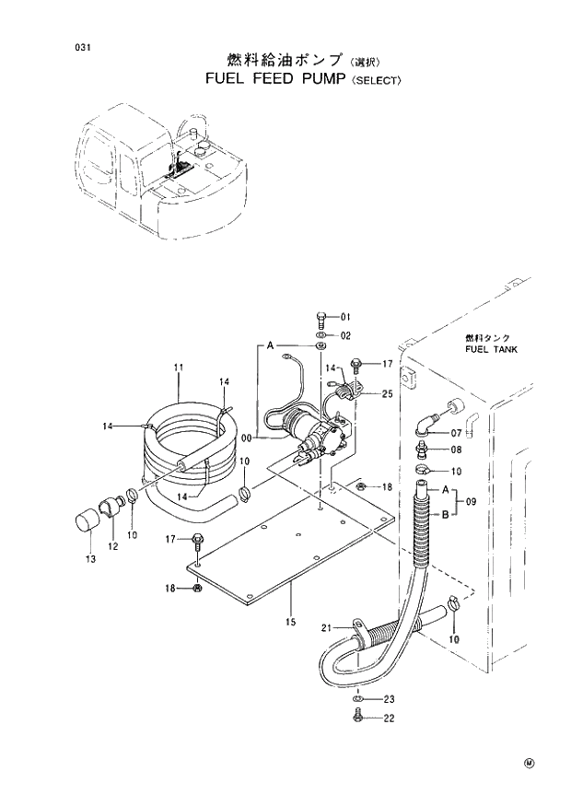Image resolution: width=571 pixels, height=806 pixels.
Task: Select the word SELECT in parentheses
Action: pyautogui.click(x=374, y=81)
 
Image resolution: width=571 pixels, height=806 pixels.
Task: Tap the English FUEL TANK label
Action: pyautogui.click(x=491, y=350)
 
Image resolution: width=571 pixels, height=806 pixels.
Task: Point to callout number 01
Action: pyautogui.click(x=346, y=317)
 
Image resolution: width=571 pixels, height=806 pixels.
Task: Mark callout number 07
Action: pyautogui.click(x=455, y=432)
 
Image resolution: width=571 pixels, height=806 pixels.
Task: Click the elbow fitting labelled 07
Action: pyautogui.click(x=424, y=423)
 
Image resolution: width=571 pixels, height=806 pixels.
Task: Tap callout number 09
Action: pyautogui.click(x=470, y=502)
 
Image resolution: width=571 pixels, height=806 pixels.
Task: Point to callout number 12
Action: pyautogui.click(x=112, y=546)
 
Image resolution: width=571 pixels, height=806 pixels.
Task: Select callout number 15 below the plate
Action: pyautogui.click(x=290, y=623)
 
